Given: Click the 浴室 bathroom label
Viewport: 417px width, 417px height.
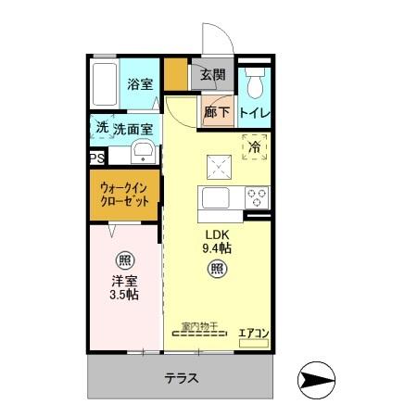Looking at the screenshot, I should click(140, 82).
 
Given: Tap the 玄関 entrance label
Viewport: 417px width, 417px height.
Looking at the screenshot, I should click(213, 75).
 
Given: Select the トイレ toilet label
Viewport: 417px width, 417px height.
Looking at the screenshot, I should click(255, 112).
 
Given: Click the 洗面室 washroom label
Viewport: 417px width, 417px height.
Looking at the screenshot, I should click(133, 129).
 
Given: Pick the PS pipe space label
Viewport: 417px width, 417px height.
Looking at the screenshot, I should click(96, 159).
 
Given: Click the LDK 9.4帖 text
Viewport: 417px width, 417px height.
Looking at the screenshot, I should click(218, 241).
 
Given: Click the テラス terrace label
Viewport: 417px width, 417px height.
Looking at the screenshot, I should click(183, 379).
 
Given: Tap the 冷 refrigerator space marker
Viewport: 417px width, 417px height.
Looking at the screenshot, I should click(254, 145).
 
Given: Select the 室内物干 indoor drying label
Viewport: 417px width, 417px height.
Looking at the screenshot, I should click(198, 326).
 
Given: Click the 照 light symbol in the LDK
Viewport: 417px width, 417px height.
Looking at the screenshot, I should click(216, 270).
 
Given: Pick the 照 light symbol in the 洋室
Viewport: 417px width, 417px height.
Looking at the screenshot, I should click(122, 259).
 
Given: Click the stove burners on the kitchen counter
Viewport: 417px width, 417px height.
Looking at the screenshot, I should click(256, 196).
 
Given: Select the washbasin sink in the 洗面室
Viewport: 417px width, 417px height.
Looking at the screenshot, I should click(143, 153).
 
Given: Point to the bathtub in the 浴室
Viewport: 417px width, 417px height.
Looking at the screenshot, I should click(106, 83).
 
